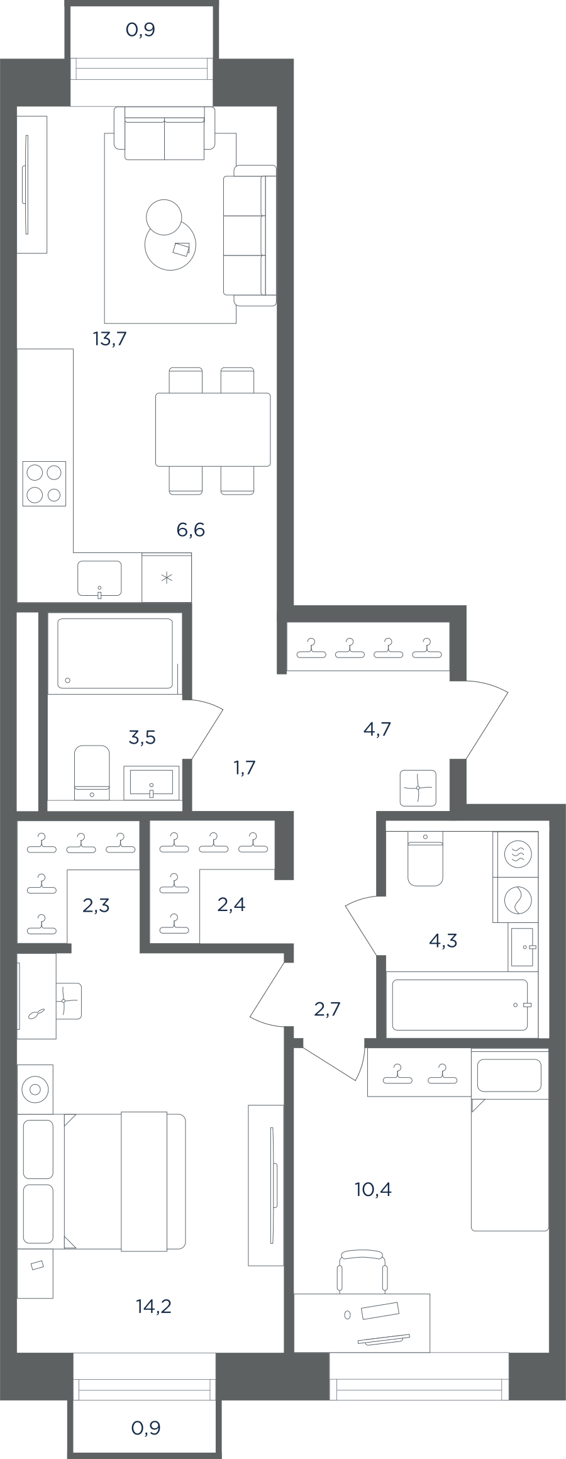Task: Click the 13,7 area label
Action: tap(110, 339)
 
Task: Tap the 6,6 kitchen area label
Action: tap(191, 530)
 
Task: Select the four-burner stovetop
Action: tap(44, 484)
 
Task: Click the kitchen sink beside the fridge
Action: tap(99, 578)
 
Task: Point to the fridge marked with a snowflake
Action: tap(167, 578)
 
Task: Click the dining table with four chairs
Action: tap(213, 430)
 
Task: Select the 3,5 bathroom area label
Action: tap(142, 737)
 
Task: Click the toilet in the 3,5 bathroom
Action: tap(92, 772)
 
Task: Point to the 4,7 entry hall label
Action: tap(377, 729)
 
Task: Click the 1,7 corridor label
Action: tap(244, 768)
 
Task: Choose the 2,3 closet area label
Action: tap(96, 905)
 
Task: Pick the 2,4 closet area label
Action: tap(231, 905)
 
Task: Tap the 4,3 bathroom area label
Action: tap(443, 941)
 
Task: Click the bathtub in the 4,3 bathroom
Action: tap(461, 1005)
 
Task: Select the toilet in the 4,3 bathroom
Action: tap(425, 858)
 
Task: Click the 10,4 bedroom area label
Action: tap(373, 1189)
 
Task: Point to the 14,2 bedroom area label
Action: tap(153, 1306)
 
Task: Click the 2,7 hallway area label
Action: tap(327, 1009)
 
